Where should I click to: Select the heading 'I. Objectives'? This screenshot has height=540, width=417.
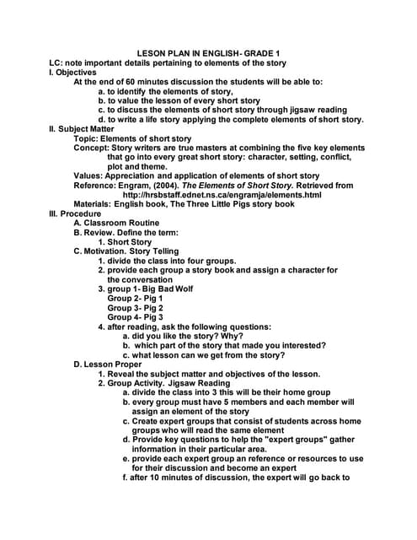pyautogui.click(x=73, y=73)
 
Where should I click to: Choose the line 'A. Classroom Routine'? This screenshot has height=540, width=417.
pyautogui.click(x=118, y=223)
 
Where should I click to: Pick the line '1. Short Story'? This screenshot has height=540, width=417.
pyautogui.click(x=125, y=242)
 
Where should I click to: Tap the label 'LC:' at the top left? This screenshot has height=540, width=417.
pyautogui.click(x=56, y=63)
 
